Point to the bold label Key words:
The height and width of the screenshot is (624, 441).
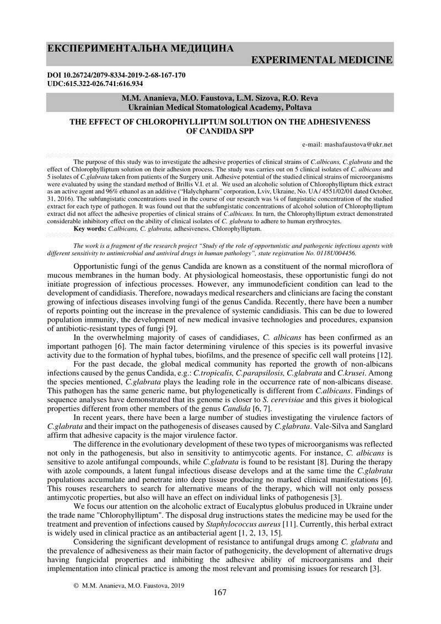[x=90, y=227]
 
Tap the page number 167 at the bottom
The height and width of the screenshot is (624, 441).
[x=220, y=593]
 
